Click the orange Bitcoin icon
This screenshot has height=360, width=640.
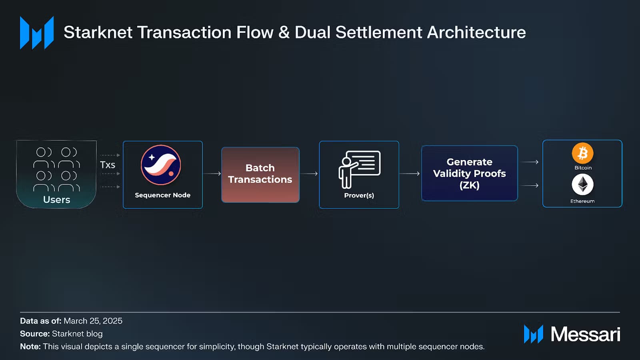(582, 153)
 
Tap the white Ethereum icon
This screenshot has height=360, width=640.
(582, 184)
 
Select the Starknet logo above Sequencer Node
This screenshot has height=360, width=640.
(161, 165)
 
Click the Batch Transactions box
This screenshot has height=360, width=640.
(260, 174)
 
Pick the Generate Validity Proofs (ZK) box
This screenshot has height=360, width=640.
(470, 173)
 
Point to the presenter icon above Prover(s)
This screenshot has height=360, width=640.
(360, 170)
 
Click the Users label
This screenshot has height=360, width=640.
(56, 200)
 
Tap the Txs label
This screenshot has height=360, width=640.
(108, 165)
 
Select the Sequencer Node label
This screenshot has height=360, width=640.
(162, 195)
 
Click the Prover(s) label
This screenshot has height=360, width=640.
(359, 196)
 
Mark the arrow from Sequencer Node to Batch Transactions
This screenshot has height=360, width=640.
(212, 174)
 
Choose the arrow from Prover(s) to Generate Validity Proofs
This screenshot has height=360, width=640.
(410, 174)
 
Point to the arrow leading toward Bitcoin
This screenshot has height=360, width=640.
(530, 162)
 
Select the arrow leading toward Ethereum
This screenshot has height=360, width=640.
(530, 186)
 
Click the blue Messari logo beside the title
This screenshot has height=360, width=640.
(37, 33)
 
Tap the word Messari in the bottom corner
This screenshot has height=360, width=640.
(586, 334)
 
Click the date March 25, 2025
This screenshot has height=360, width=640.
(93, 321)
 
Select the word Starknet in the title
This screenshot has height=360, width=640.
(98, 32)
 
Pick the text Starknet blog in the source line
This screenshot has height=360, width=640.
(77, 334)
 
